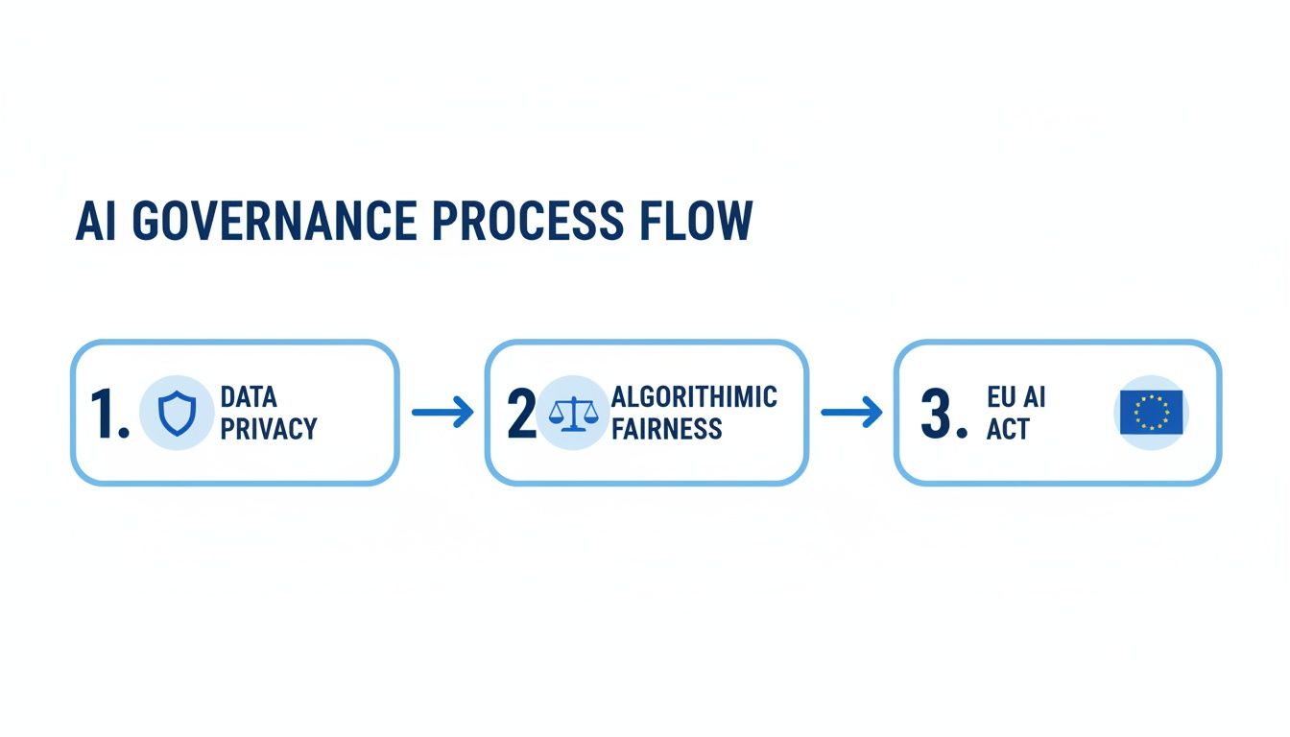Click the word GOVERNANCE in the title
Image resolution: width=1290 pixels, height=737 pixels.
click(274, 222)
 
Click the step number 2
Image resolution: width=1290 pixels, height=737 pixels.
click(521, 414)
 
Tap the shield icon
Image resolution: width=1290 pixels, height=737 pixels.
click(176, 414)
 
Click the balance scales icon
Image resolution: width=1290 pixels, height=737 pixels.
click(572, 413)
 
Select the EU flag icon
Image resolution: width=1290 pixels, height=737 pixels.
click(1151, 413)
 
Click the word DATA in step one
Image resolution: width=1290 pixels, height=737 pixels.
click(248, 397)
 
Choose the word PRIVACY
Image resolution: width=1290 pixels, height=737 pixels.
click(268, 429)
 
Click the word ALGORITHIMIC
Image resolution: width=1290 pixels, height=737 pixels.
click(694, 397)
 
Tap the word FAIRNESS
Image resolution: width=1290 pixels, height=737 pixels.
click(666, 429)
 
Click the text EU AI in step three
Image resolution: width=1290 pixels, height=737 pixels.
click(1015, 397)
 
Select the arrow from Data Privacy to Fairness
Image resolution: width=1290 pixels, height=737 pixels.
click(442, 413)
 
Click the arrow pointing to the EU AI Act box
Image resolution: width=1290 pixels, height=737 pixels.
click(851, 413)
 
